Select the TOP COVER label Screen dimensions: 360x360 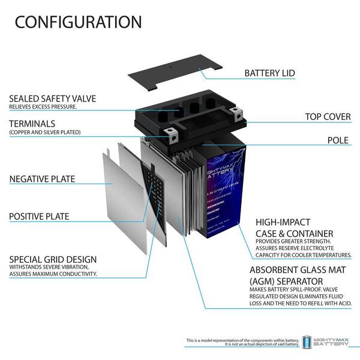[x=328, y=116]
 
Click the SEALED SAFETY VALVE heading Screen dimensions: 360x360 [x=52, y=98]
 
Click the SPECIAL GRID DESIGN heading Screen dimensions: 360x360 [x=53, y=260]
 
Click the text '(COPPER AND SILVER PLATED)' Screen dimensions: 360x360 [x=44, y=132]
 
